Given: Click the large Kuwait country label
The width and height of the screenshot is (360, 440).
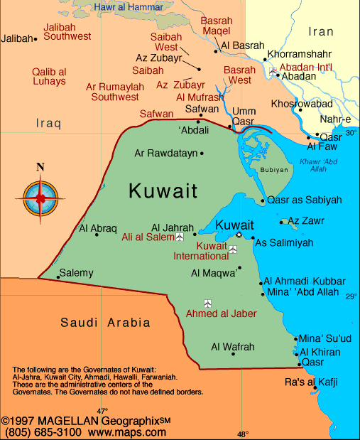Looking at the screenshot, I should point(163,191).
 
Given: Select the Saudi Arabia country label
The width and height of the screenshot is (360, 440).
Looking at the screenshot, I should point(105,322).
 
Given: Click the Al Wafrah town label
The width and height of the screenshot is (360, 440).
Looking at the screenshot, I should point(232,347).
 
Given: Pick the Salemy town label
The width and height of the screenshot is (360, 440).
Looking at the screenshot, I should point(76,272).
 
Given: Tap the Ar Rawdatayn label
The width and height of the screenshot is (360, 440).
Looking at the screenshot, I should point(167,153).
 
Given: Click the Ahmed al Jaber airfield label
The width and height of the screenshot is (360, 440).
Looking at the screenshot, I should point(221,313).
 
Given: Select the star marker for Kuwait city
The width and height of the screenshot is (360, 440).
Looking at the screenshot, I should point(239,235).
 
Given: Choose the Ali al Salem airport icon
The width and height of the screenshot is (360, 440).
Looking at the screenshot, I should point(180,237).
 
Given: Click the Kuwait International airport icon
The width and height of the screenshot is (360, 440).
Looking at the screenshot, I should point(233,249).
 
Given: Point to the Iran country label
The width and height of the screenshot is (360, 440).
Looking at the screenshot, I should point(321,31).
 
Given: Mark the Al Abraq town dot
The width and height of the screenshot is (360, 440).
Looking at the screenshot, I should point(97,235).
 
